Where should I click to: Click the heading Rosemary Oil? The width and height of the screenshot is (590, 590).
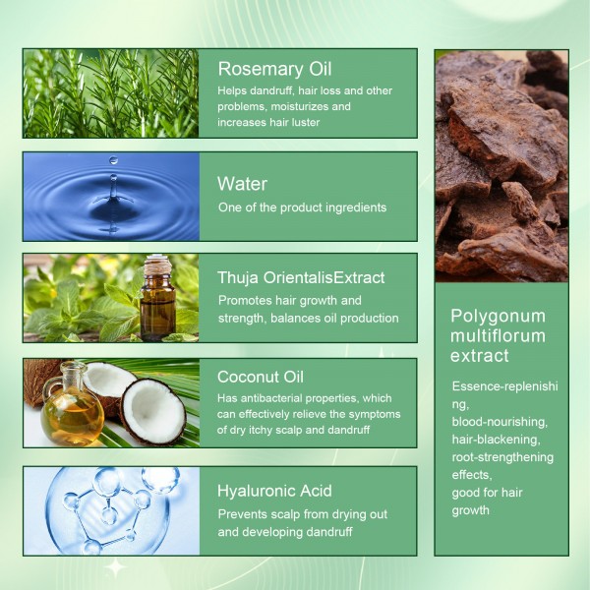tap(274, 69)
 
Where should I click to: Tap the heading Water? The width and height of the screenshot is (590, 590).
tap(242, 184)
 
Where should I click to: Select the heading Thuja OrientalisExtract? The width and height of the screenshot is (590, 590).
tap(301, 277)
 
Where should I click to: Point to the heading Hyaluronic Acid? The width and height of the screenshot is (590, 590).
tap(274, 491)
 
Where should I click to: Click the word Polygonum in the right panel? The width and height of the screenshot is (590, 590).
tap(497, 316)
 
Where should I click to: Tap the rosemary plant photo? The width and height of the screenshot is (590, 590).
tap(110, 93)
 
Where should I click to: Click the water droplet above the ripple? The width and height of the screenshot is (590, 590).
tap(113, 160)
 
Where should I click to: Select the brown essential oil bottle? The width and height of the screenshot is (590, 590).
tap(157, 305)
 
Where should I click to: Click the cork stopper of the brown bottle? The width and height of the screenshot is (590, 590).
tap(157, 263)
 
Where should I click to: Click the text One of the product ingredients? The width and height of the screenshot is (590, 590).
tap(303, 207)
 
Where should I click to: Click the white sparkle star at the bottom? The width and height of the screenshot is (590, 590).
tap(115, 567)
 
